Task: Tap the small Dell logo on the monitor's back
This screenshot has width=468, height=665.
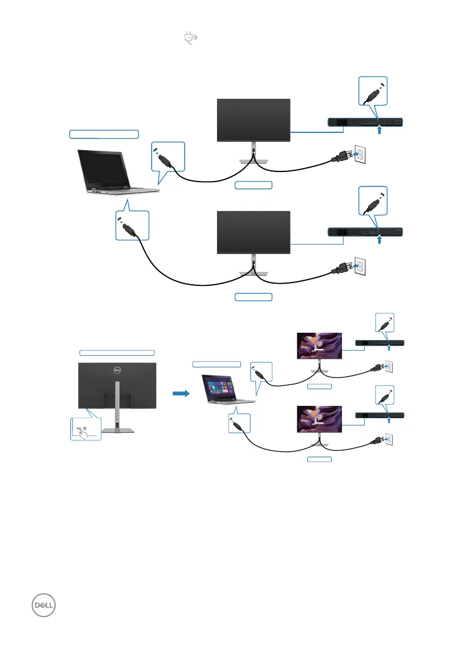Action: tap(118, 370)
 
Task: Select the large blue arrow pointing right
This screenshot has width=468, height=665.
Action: tap(181, 393)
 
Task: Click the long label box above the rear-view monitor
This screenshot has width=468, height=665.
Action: tap(117, 352)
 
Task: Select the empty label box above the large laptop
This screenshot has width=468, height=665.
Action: tap(104, 133)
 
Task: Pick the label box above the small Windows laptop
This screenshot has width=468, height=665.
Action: tap(217, 364)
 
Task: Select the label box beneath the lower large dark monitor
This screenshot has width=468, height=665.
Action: tap(254, 297)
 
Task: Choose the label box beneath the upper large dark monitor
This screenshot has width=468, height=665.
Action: tap(254, 185)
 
